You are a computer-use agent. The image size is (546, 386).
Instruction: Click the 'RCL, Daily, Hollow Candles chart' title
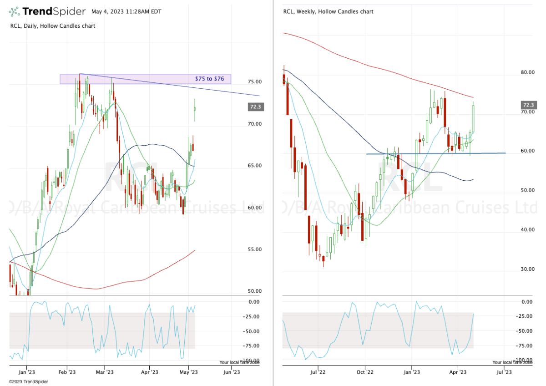[x=53, y=26]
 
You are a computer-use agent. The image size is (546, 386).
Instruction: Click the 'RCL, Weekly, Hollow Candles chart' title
[x=328, y=11]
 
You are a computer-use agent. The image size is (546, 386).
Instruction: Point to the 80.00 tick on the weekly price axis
[x=527, y=72]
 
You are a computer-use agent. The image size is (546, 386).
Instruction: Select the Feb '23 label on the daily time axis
[x=67, y=371]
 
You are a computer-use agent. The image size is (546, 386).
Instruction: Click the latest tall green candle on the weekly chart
[x=473, y=118]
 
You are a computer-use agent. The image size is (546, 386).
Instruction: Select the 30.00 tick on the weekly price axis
[x=527, y=269]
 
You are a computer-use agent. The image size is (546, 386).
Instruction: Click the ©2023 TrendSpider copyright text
[x=24, y=381]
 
